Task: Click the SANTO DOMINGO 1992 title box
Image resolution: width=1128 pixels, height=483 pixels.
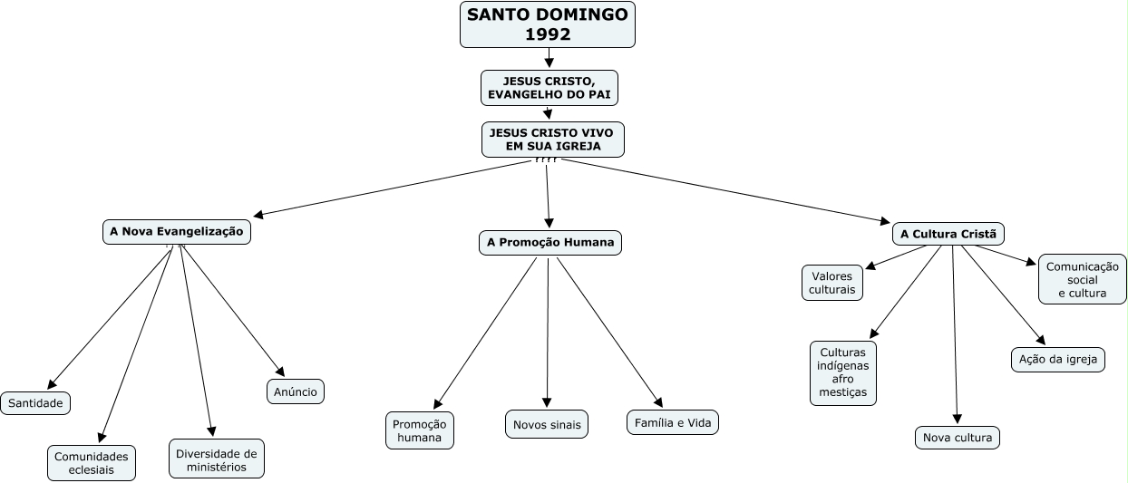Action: click(548, 24)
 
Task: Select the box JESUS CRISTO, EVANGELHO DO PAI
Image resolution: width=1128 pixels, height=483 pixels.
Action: click(549, 88)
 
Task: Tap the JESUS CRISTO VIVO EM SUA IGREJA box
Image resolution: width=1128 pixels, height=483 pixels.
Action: click(552, 139)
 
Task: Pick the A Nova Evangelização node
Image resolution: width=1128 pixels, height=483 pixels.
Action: click(177, 232)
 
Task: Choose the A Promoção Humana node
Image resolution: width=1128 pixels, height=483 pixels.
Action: click(550, 242)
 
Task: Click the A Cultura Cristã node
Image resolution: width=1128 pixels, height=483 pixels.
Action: click(948, 234)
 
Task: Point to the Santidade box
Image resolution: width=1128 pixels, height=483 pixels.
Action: click(35, 403)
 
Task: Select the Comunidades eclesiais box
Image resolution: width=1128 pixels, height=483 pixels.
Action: click(92, 462)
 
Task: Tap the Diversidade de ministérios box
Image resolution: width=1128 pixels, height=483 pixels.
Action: click(217, 459)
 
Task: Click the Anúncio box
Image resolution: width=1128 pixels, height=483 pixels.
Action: click(296, 391)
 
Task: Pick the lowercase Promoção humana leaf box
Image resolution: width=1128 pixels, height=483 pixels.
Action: click(419, 430)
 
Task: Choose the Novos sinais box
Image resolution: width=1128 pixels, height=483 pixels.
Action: click(547, 424)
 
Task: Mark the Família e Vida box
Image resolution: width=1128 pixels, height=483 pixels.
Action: click(672, 422)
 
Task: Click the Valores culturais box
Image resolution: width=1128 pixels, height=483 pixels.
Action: click(832, 282)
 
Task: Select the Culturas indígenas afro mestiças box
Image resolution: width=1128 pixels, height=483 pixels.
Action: click(843, 372)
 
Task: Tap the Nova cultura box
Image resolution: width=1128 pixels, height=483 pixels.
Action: click(958, 438)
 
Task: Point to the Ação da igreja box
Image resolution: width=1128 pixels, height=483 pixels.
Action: click(1058, 359)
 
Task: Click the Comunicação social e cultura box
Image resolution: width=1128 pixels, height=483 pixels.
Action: click(1082, 279)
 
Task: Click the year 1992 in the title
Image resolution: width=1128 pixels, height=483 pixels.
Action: click(548, 35)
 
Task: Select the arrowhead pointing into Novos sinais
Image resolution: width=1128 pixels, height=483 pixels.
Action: click(547, 402)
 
